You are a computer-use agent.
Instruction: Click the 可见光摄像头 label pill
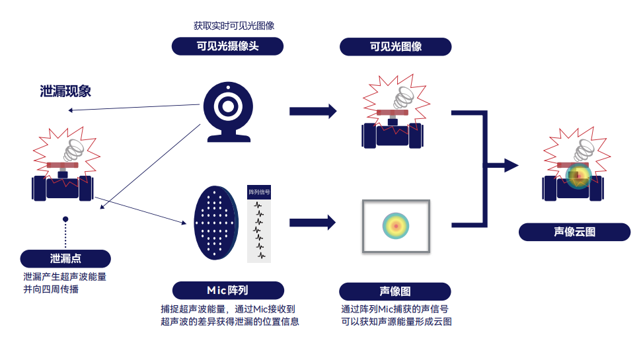(x=227, y=46)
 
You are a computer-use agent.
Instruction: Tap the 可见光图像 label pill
(x=396, y=46)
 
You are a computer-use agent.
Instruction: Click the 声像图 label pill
(x=395, y=291)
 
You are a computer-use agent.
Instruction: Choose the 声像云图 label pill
(x=574, y=232)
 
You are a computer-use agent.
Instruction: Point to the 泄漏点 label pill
(x=65, y=258)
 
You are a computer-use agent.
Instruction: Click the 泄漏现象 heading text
(x=65, y=91)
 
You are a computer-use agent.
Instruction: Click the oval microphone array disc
(x=215, y=223)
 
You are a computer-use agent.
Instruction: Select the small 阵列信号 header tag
(x=258, y=192)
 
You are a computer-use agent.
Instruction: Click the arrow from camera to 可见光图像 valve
(x=313, y=111)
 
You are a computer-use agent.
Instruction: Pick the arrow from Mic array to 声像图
(x=313, y=223)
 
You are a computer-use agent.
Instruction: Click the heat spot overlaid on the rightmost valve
(x=578, y=176)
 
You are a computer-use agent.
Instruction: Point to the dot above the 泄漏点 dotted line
(x=65, y=219)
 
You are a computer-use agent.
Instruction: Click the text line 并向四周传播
(x=51, y=289)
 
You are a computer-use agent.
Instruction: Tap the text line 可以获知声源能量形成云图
(x=396, y=322)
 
